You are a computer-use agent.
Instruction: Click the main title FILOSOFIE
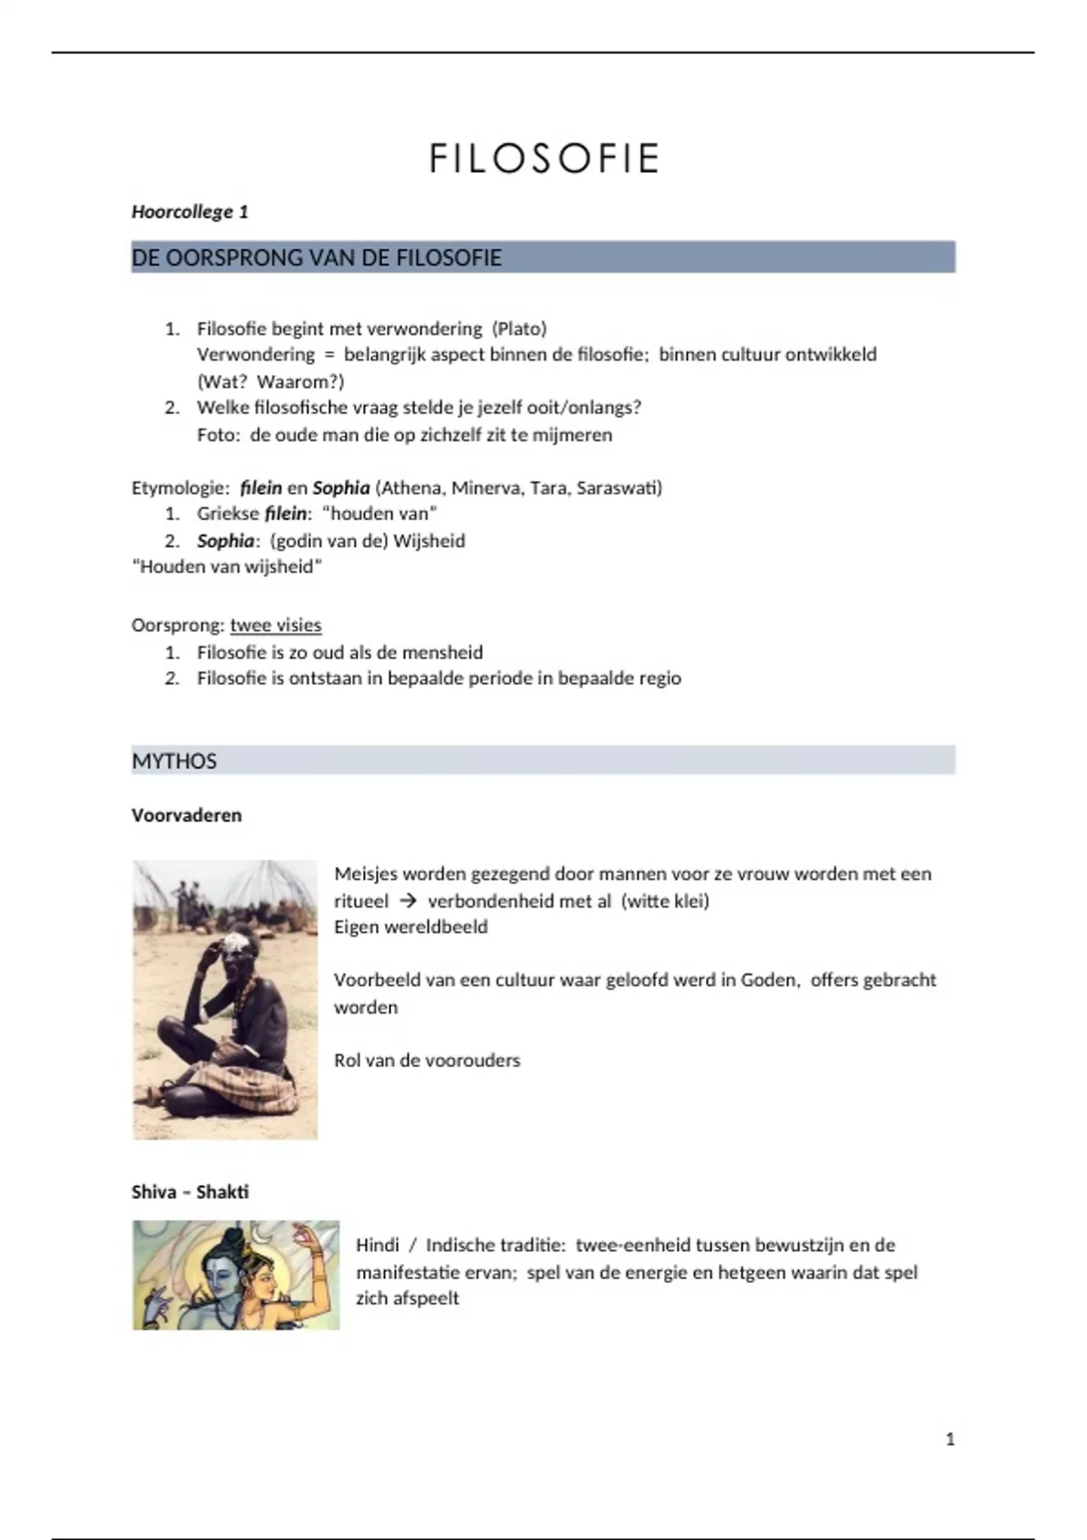pyautogui.click(x=543, y=159)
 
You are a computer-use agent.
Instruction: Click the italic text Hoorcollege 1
pyautogui.click(x=189, y=212)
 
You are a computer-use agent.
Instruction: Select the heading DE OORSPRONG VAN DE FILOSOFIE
pyautogui.click(x=316, y=258)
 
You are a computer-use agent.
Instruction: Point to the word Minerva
pyautogui.click(x=486, y=488)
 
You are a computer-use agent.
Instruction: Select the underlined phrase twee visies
pyautogui.click(x=275, y=625)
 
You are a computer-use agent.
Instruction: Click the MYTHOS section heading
pyautogui.click(x=174, y=761)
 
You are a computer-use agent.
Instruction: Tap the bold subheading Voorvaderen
pyautogui.click(x=187, y=815)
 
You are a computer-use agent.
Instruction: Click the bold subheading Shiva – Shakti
pyautogui.click(x=190, y=1192)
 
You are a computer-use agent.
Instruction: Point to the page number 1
pyautogui.click(x=950, y=1439)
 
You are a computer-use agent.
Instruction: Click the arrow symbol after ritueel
pyautogui.click(x=408, y=901)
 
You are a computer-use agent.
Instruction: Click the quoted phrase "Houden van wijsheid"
pyautogui.click(x=227, y=567)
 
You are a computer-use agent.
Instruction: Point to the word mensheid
pyautogui.click(x=442, y=652)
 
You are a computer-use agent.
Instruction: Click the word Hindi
pyautogui.click(x=377, y=1246)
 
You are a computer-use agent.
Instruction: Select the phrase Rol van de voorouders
pyautogui.click(x=427, y=1061)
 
